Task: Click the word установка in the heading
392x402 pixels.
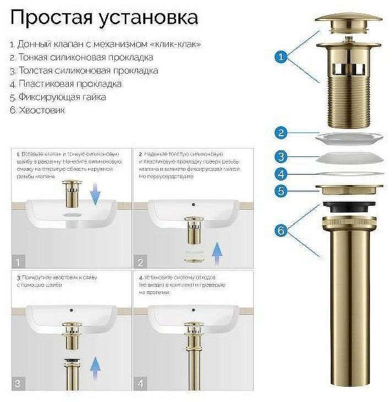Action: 150,18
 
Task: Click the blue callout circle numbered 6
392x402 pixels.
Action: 280,231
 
